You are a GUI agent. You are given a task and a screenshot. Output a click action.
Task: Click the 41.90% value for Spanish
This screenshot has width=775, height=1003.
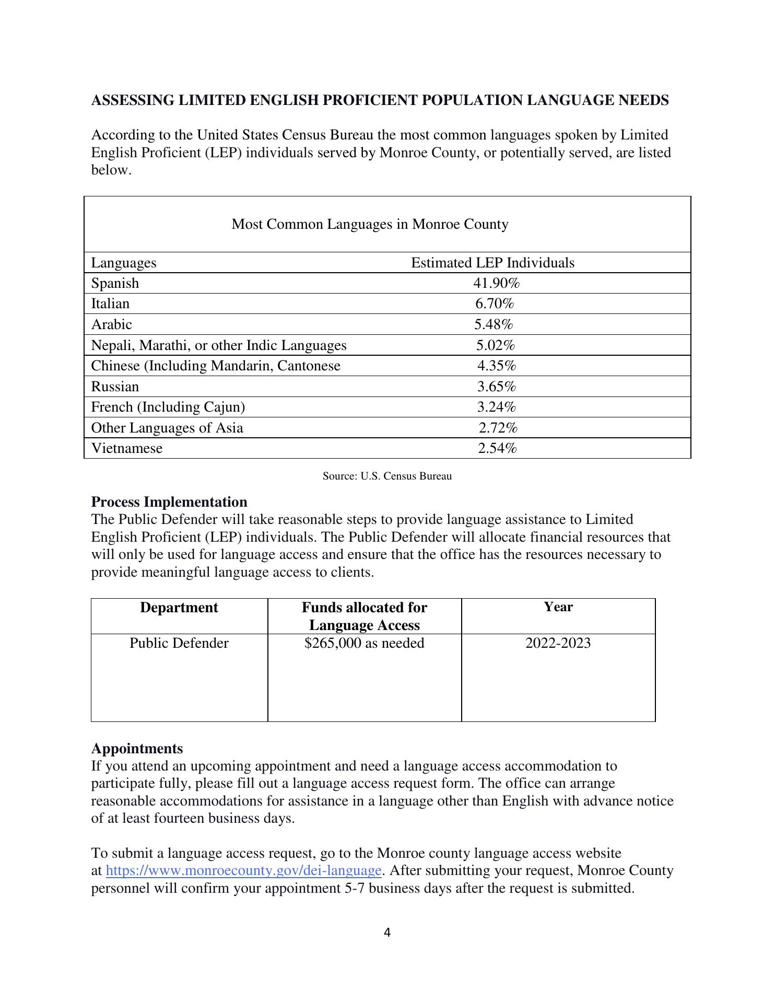coord(496,283)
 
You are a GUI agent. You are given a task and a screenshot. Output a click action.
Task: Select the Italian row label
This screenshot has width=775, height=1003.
coord(110,304)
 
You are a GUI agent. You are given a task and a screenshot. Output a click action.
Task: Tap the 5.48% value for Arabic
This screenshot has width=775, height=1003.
coord(494,324)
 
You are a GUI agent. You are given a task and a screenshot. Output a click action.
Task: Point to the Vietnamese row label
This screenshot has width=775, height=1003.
coord(127,448)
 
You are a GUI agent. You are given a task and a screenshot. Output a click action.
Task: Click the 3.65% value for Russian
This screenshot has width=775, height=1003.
coord(496,387)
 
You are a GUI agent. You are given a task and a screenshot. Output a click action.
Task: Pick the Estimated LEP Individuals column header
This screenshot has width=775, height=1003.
coord(492,262)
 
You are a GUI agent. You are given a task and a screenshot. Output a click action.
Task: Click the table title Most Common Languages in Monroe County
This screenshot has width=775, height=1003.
coord(370,224)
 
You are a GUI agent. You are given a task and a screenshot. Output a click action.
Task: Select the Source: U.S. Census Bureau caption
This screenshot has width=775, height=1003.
coord(387,476)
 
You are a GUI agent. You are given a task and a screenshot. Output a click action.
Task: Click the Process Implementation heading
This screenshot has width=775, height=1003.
coord(169,502)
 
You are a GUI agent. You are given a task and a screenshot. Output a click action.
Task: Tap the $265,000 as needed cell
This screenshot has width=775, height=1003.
coord(364,643)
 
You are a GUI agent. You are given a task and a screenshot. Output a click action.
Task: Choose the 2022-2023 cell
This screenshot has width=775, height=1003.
coord(558,643)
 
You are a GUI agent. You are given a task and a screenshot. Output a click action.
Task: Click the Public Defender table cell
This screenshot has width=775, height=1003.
coord(179,643)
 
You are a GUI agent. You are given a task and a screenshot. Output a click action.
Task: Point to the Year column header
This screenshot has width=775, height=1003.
coord(558,607)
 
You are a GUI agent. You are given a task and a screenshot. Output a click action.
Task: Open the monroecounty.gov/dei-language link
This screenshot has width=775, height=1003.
coord(243,871)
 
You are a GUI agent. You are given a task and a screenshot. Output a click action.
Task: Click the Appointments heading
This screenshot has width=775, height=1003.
coord(137,749)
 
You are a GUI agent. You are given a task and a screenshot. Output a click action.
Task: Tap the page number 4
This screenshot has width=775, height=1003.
coord(387,932)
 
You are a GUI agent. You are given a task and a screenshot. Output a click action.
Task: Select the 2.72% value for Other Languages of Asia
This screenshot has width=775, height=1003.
coord(498,428)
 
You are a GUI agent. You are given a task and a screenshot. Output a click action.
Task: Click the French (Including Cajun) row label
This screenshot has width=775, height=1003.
coord(168,407)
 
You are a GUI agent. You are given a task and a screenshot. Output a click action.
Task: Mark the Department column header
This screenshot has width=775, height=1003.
coord(179,608)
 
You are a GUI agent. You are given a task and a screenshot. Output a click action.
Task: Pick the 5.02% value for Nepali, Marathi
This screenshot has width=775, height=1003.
coord(496,345)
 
